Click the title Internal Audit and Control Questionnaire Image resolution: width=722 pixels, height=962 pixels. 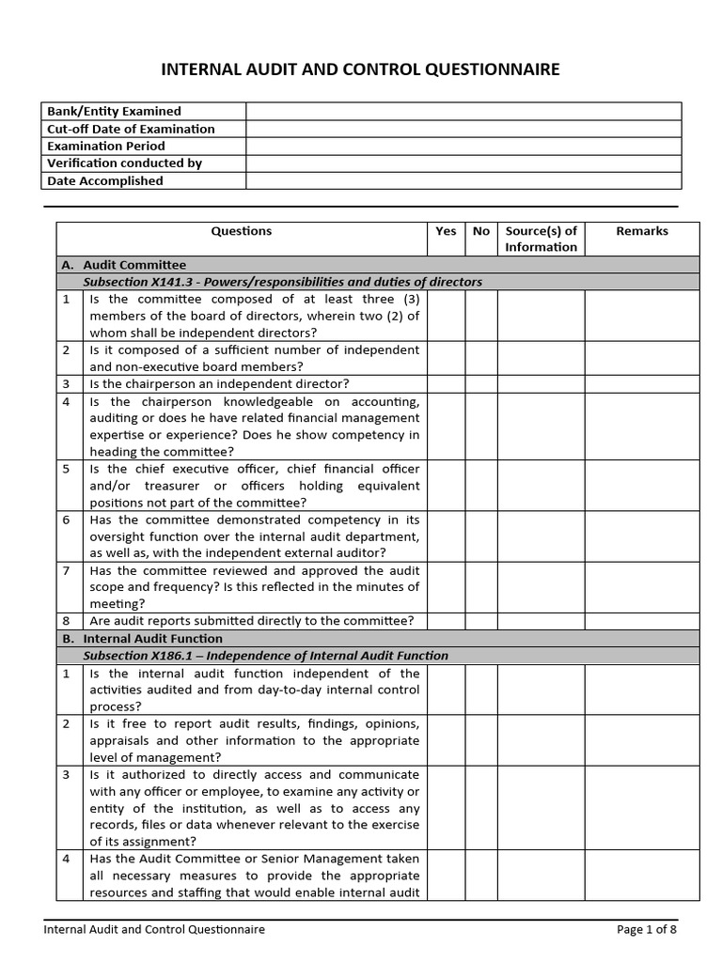point(361,70)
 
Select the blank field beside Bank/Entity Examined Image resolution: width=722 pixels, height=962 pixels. point(463,111)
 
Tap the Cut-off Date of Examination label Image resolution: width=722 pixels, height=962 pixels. point(132,129)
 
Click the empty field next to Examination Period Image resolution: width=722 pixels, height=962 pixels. point(463,146)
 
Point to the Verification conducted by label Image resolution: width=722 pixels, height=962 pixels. point(125,163)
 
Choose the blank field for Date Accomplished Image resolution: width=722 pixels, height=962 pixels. point(463,180)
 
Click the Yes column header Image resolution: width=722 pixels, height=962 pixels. point(447,231)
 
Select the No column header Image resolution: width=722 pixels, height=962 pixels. point(481,231)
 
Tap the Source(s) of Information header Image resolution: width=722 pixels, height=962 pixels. point(541,239)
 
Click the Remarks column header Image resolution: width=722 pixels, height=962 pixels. point(642,231)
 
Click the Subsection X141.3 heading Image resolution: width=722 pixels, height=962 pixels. point(282,282)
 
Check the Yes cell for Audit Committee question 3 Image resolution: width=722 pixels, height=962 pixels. point(447,384)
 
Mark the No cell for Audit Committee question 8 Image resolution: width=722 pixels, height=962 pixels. point(481,621)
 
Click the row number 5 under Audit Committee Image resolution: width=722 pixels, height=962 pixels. point(67,469)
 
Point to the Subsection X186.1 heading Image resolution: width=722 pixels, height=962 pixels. point(266,656)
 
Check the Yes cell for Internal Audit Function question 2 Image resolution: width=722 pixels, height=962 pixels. point(447,741)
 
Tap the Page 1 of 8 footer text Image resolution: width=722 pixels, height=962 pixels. point(646,930)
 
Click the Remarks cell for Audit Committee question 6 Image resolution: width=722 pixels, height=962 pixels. point(642,536)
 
